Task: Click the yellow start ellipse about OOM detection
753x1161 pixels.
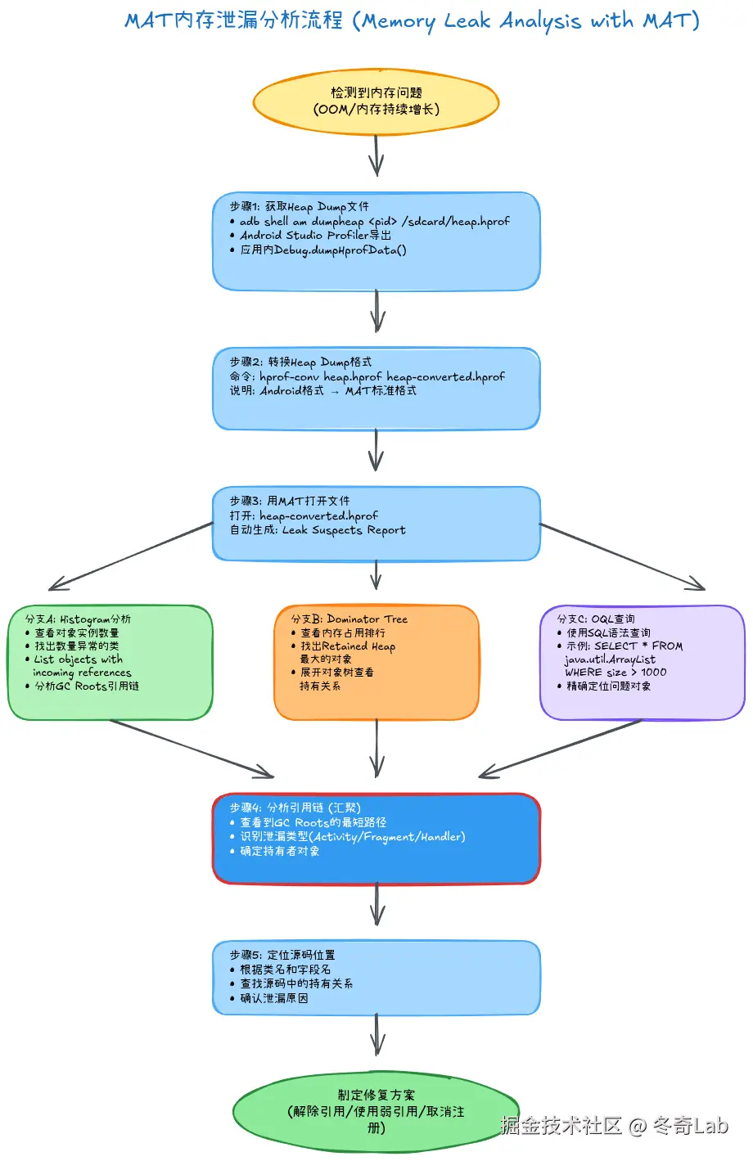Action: (376, 101)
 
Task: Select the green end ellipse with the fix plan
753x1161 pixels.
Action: (376, 1111)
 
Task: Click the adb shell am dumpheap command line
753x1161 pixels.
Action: (374, 222)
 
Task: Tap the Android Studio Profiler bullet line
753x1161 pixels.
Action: (315, 236)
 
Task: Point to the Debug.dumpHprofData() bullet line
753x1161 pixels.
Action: (322, 250)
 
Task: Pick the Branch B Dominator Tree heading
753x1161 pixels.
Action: (349, 619)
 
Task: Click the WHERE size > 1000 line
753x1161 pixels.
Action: (615, 673)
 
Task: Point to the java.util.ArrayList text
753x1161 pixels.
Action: (610, 659)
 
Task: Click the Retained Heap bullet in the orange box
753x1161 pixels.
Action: (347, 646)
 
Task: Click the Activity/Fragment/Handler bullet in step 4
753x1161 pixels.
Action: (352, 837)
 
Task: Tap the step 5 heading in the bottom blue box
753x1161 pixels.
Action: (282, 955)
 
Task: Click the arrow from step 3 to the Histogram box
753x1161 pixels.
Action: (131, 556)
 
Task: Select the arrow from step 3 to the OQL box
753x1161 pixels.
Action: (622, 556)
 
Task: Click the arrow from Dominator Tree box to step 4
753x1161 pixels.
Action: (376, 749)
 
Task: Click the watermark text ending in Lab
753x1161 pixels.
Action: (614, 1126)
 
